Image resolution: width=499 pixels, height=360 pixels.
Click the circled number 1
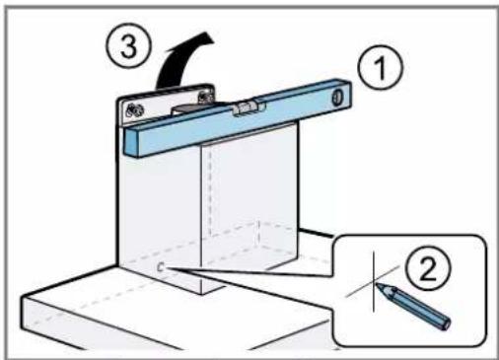tap(381, 67)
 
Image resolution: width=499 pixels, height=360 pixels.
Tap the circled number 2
tap(428, 269)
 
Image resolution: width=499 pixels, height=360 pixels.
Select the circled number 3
tap(128, 45)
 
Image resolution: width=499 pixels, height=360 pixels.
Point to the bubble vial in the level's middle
tap(244, 108)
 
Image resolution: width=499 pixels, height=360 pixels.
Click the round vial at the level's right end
tap(337, 98)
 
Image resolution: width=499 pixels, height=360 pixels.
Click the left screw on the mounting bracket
tap(134, 110)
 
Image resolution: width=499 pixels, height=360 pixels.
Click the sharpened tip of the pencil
tap(377, 283)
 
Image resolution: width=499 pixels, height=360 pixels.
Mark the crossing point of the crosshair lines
tap(374, 281)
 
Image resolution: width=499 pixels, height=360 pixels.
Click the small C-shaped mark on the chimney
tap(161, 267)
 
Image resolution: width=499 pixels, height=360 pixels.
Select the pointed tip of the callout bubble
tap(169, 268)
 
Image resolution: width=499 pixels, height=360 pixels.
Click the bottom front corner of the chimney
tap(201, 294)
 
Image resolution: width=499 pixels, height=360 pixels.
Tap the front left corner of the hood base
tap(23, 298)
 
